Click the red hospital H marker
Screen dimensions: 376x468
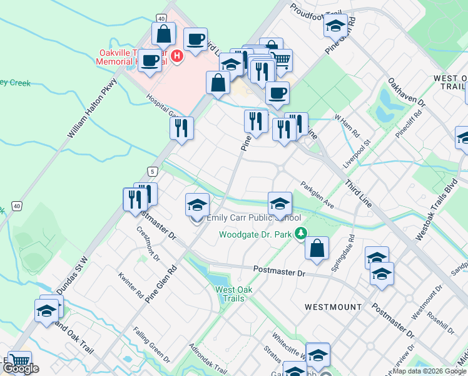[177, 56]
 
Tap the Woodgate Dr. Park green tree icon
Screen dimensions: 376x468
[301, 234]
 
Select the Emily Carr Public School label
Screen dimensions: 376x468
[253, 217]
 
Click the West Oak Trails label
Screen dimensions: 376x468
[233, 294]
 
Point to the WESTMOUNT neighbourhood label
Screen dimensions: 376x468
[333, 307]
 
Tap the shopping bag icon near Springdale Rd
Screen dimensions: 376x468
[317, 247]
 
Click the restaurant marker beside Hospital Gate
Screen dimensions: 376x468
[181, 127]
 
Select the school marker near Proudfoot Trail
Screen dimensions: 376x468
[335, 26]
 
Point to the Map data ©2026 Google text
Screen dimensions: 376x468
[429, 372]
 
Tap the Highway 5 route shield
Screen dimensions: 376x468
[151, 171]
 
